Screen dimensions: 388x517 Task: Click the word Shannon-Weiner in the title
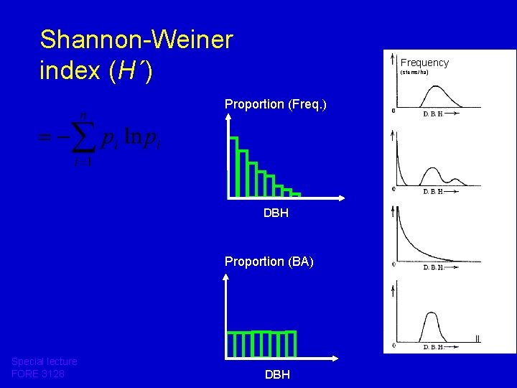(136, 40)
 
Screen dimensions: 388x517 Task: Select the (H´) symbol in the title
(131, 71)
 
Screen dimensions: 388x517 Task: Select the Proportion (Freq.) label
(275, 104)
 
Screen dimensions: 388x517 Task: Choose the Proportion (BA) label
(269, 262)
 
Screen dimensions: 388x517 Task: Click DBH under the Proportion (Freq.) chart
(276, 213)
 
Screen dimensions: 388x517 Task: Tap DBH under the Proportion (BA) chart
(277, 374)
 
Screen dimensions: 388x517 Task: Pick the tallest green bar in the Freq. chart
(233, 166)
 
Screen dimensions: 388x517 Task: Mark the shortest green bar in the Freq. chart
(295, 194)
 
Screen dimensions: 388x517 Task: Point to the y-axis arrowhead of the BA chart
(228, 279)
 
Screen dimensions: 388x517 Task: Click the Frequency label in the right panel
(424, 63)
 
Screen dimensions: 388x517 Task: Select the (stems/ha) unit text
(414, 73)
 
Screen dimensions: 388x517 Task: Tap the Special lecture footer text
(44, 361)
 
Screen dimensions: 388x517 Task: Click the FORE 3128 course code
(38, 374)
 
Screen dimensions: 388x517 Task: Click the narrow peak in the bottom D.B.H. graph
(431, 314)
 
